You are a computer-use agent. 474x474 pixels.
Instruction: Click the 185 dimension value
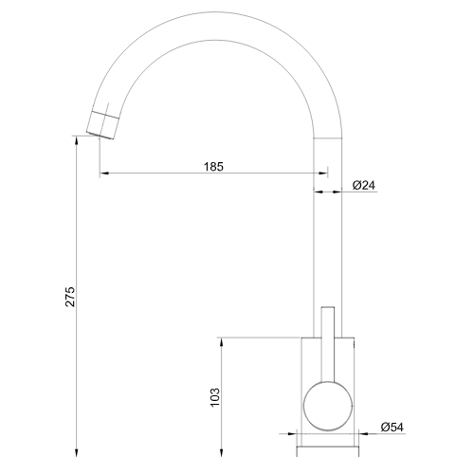click(213, 167)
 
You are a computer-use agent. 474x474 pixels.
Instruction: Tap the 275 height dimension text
click(70, 297)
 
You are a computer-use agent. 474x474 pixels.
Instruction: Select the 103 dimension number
click(215, 397)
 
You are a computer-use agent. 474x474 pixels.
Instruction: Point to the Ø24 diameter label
click(364, 185)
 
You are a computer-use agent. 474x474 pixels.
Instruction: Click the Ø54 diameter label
click(392, 428)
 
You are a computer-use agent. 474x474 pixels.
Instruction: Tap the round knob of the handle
click(328, 407)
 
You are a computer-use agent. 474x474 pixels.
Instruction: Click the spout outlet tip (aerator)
click(102, 125)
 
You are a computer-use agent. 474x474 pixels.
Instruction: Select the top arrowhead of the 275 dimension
click(76, 141)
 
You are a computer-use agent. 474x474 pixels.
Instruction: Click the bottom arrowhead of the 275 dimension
click(76, 452)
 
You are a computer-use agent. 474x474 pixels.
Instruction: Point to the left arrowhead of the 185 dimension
click(104, 173)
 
